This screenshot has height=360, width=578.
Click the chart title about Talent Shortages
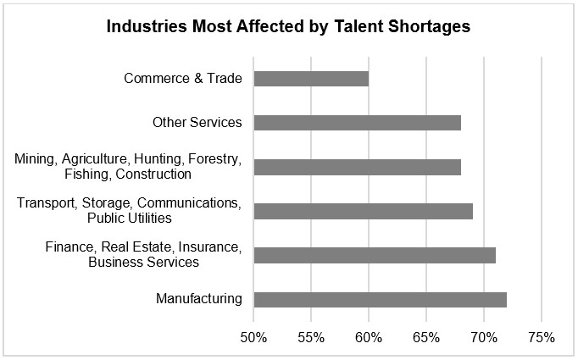(x=288, y=27)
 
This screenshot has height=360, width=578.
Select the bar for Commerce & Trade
(x=311, y=79)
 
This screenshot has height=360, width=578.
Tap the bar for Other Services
(x=357, y=123)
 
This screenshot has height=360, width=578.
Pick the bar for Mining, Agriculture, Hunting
(x=357, y=167)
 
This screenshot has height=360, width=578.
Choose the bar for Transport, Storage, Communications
(x=363, y=211)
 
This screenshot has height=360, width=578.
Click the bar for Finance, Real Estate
(x=375, y=255)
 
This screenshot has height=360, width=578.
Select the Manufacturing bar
(x=380, y=299)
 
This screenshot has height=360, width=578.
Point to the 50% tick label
(x=253, y=337)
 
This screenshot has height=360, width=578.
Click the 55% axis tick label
(x=311, y=337)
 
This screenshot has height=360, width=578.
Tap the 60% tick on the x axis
(x=369, y=337)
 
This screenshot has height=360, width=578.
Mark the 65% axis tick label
(x=426, y=337)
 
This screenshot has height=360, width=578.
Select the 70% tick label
(x=483, y=337)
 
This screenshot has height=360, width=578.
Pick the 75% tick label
(x=541, y=337)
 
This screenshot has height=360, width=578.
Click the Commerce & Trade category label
(x=183, y=79)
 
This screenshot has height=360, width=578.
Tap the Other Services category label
(x=197, y=123)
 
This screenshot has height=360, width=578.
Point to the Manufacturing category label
(x=199, y=299)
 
